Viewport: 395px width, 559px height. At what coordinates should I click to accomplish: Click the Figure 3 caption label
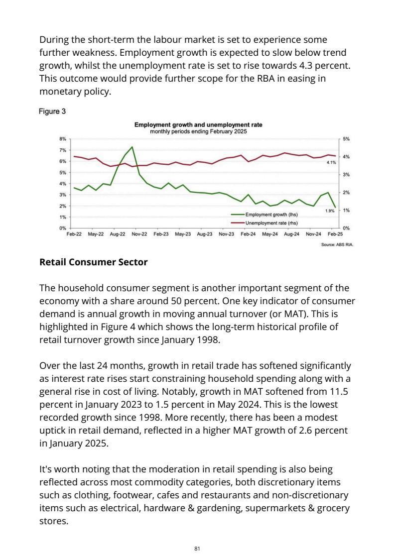point(52,112)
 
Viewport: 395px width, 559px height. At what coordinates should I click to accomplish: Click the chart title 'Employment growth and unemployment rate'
point(198,124)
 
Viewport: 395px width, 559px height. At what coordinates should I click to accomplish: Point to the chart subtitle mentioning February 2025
point(198,131)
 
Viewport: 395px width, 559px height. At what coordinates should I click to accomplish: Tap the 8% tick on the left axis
point(63,139)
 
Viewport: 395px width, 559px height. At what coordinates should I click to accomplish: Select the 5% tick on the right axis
point(347,139)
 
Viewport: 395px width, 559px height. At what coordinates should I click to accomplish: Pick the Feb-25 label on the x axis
point(335,233)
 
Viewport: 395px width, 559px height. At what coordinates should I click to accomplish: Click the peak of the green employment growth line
point(132,147)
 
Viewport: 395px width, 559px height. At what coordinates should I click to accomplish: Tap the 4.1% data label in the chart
point(331,163)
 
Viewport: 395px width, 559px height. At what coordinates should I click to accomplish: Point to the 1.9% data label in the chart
point(330,211)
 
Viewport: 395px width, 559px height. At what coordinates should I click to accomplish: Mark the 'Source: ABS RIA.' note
point(337,245)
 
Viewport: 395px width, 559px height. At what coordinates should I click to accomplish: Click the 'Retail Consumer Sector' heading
point(93,262)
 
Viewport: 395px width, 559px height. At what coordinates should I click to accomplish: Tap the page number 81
point(197,549)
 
